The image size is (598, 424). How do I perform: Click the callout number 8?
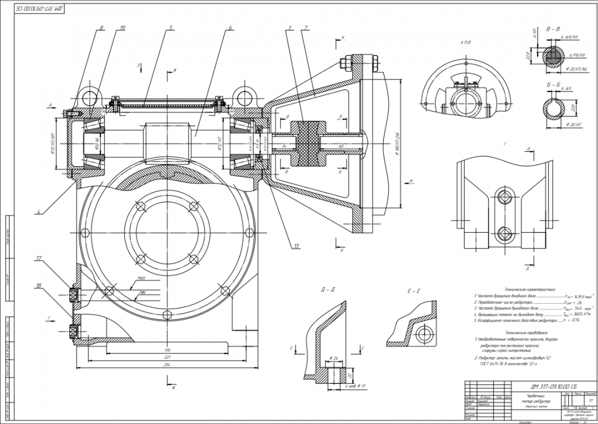[102, 28]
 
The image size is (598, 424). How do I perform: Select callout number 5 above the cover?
[170, 28]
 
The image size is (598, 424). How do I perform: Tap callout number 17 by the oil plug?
[39, 259]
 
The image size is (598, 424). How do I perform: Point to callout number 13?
[297, 245]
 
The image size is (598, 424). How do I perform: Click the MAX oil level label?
[142, 278]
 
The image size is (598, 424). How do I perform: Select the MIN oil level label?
[142, 292]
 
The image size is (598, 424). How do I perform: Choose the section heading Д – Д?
[328, 290]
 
